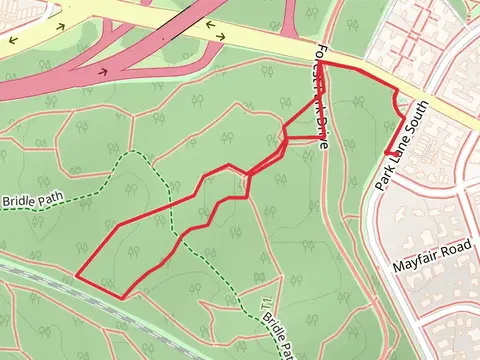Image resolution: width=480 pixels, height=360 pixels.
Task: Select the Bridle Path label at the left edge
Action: tap(34, 200)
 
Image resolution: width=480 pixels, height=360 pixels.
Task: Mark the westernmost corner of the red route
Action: tap(77, 274)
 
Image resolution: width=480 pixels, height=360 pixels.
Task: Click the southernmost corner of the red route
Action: tap(122, 297)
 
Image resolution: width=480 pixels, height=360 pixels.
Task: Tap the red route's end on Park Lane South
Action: tap(386, 152)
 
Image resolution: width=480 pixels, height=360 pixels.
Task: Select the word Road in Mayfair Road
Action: tap(455, 245)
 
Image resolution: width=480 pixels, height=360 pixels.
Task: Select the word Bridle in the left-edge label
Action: tap(18, 201)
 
